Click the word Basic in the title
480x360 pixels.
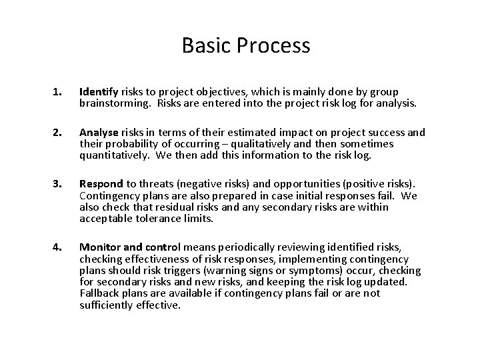pos(203,45)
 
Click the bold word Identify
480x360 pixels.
pos(99,92)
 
